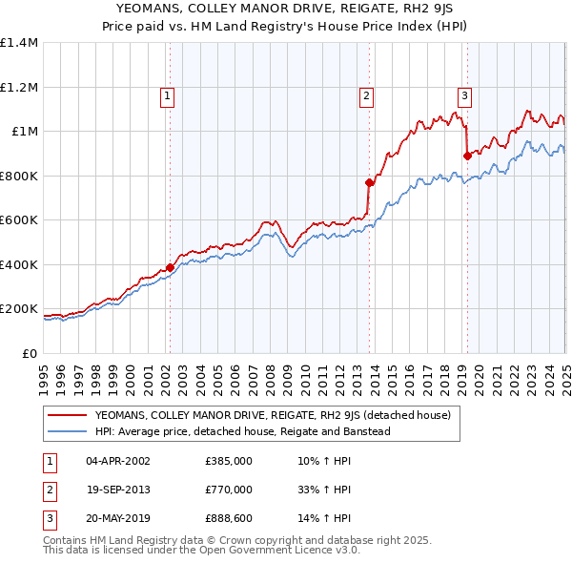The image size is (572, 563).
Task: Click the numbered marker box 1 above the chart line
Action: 168,94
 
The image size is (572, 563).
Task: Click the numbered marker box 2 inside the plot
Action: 366,94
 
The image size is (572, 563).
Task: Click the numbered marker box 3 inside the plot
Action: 464,94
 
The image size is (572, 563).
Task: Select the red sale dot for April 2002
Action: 170,268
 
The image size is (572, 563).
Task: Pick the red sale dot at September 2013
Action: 370,181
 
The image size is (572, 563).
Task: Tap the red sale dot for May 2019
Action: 467,156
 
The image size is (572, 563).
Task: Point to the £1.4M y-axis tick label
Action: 19,43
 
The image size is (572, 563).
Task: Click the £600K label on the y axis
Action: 20,220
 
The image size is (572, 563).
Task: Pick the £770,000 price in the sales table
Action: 228,490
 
